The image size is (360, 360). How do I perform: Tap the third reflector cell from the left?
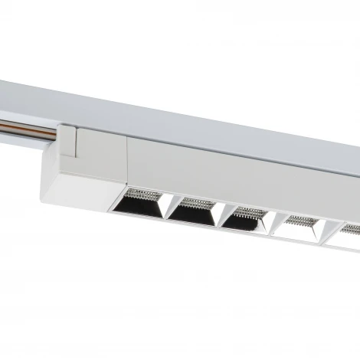(247, 219)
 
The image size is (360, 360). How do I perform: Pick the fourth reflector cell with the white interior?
(300, 227)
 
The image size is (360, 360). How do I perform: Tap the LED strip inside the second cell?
(198, 201)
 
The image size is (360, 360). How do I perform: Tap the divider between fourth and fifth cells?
(326, 231)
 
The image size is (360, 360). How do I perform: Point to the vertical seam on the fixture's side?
(127, 161)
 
